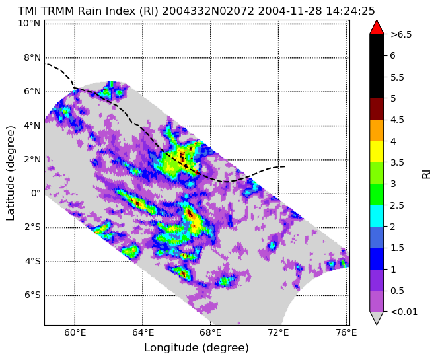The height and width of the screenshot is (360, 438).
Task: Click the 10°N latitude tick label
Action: click(x=29, y=23)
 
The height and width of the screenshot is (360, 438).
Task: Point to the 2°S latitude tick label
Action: click(x=32, y=227)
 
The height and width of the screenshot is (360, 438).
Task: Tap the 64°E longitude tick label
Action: click(x=143, y=333)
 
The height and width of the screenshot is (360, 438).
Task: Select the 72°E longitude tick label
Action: click(x=279, y=333)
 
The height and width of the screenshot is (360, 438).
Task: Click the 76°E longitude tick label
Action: click(x=346, y=333)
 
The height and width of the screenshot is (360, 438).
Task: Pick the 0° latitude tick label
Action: click(x=36, y=193)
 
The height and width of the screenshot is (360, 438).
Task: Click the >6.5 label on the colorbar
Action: click(x=401, y=34)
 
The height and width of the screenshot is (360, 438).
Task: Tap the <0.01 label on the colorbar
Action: click(x=404, y=312)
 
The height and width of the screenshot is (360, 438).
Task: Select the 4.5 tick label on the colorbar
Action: click(x=397, y=120)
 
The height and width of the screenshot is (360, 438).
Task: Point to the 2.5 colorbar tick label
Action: click(x=397, y=205)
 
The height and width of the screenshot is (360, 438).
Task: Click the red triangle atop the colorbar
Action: click(x=377, y=27)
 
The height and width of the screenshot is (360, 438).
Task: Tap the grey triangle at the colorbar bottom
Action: click(x=377, y=318)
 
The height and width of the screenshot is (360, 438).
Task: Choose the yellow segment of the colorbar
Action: click(x=377, y=152)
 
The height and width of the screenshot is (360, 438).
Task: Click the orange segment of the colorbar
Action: click(x=377, y=130)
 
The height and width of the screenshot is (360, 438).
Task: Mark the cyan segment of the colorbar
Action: click(x=377, y=215)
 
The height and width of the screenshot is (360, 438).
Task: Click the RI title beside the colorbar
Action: click(x=426, y=173)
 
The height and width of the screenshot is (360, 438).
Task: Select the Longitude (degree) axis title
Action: click(x=196, y=347)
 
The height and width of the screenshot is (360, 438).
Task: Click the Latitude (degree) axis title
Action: click(x=10, y=173)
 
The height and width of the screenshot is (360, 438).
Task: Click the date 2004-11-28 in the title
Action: click(x=290, y=11)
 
